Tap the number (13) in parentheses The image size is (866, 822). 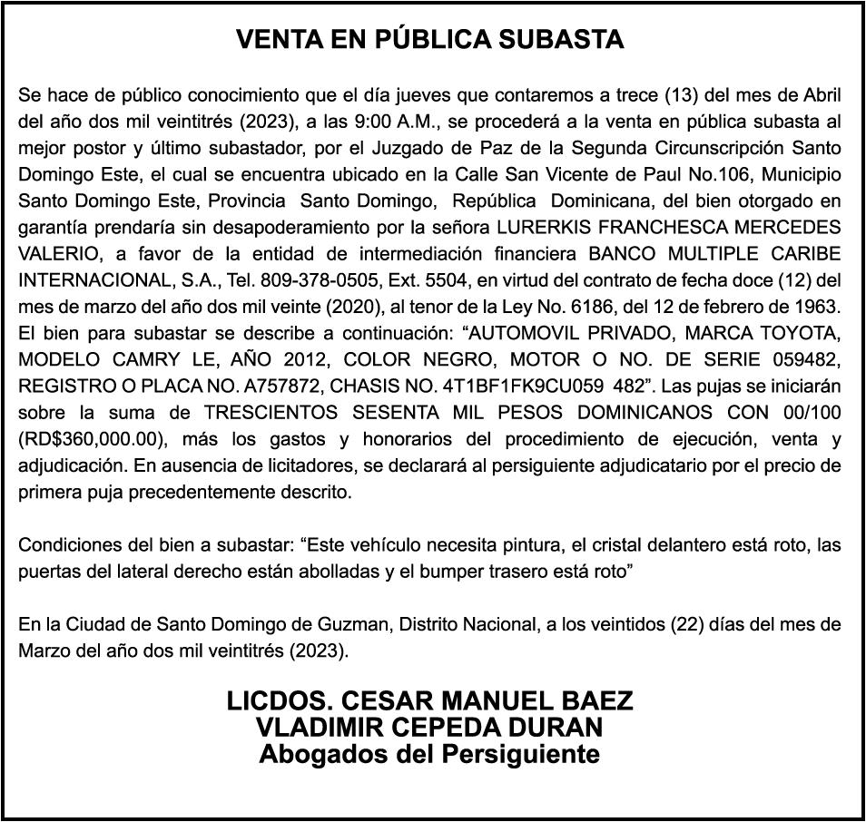pos(681,95)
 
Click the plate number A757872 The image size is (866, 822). pos(289,384)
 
